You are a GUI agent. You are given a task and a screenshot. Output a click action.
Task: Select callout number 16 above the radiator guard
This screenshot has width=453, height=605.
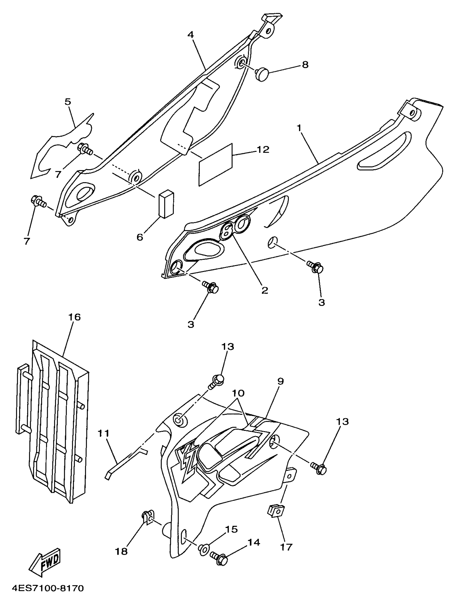pyautogui.click(x=74, y=317)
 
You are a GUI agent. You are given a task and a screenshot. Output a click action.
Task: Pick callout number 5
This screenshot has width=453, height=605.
pyautogui.click(x=68, y=102)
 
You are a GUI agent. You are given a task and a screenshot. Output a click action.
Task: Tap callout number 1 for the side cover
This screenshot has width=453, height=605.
pyautogui.click(x=299, y=128)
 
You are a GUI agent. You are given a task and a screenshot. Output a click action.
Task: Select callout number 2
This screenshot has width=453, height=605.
pyautogui.click(x=265, y=291)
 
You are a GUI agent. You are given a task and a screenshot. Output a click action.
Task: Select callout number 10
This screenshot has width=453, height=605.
pyautogui.click(x=238, y=393)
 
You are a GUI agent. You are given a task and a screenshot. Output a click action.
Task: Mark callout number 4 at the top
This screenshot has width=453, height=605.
pyautogui.click(x=191, y=35)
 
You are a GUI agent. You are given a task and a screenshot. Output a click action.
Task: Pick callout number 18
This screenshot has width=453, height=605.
pyautogui.click(x=122, y=551)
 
